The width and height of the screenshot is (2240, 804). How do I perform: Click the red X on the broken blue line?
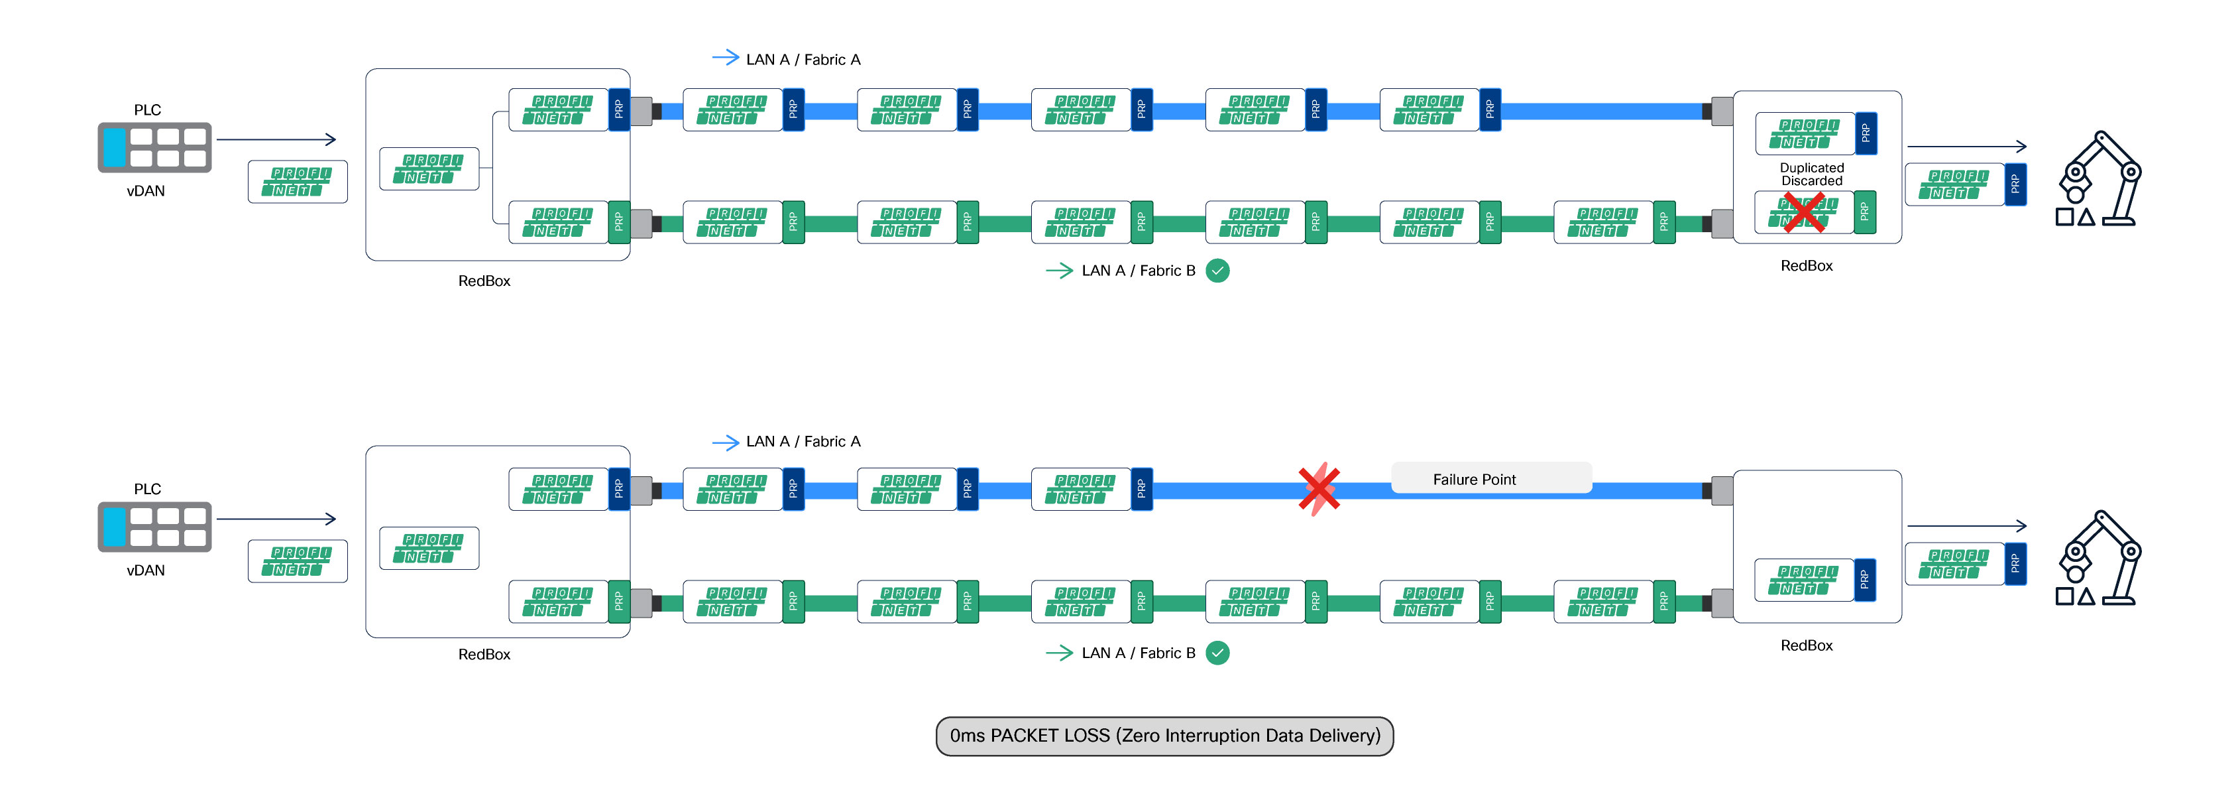[1318, 489]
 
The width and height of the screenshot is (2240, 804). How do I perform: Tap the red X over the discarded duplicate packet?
[1803, 212]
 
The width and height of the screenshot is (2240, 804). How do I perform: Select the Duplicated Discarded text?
[1811, 174]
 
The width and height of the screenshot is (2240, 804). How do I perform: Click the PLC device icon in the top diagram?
[154, 147]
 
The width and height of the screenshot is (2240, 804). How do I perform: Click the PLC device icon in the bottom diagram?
[154, 527]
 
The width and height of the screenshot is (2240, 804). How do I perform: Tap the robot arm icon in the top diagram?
[2099, 180]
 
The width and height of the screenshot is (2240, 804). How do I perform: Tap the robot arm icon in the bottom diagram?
[2099, 559]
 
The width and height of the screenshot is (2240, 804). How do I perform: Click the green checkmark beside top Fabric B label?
[1217, 271]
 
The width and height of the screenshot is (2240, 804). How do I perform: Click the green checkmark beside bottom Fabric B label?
[1217, 653]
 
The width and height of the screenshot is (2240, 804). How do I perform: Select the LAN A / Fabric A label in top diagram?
[802, 59]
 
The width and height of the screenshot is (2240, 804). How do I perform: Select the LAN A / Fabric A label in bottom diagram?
[802, 441]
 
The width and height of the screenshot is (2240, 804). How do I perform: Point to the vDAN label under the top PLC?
[145, 190]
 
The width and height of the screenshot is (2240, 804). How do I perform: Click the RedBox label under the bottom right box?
[1805, 645]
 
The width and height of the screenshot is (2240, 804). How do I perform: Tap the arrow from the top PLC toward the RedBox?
[276, 139]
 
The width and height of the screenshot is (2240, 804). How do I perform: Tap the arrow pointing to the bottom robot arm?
[1966, 525]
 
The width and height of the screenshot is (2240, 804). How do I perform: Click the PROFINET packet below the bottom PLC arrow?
[298, 561]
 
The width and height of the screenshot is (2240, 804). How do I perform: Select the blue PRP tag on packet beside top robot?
[2015, 184]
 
